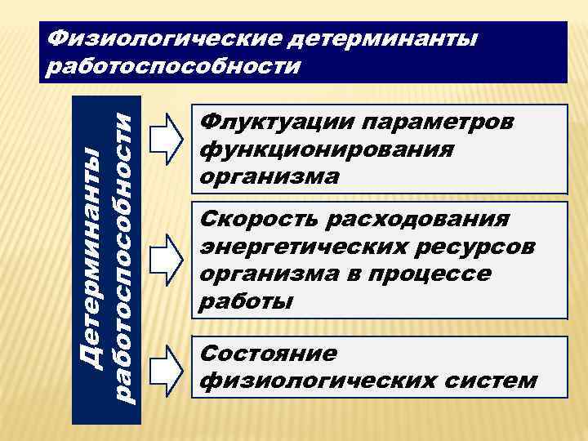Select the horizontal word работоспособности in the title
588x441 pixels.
[174, 65]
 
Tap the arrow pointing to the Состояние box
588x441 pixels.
[169, 367]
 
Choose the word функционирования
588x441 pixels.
[326, 149]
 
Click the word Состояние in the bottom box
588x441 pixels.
[256, 354]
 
